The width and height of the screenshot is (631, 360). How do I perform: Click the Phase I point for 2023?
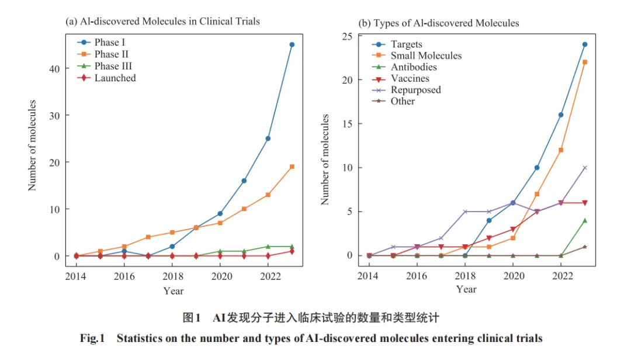(292, 44)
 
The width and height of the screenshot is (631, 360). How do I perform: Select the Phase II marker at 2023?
(292, 167)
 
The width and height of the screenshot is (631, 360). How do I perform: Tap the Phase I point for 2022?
(268, 139)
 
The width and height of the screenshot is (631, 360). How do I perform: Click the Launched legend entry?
(107, 78)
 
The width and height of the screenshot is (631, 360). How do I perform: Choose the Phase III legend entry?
(105, 66)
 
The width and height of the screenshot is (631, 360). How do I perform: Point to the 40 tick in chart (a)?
(54, 69)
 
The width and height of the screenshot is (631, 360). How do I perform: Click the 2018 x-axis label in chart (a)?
(172, 276)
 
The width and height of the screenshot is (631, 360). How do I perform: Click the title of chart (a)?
(162, 22)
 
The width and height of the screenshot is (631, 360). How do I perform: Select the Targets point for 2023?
(585, 44)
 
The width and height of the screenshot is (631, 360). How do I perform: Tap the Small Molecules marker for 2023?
(585, 62)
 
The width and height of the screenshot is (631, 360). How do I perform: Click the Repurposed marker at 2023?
(585, 168)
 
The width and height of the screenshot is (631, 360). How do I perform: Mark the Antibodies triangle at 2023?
(585, 220)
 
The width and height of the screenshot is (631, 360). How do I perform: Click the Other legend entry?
(393, 101)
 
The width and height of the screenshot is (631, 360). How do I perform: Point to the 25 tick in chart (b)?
(347, 37)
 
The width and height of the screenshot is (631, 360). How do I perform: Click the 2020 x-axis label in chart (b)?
(514, 276)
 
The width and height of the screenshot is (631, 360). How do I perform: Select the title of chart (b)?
(439, 23)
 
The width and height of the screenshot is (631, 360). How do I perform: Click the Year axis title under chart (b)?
(466, 289)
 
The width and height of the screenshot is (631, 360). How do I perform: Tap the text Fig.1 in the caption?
(92, 338)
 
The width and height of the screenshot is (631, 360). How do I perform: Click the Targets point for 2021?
(537, 168)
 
